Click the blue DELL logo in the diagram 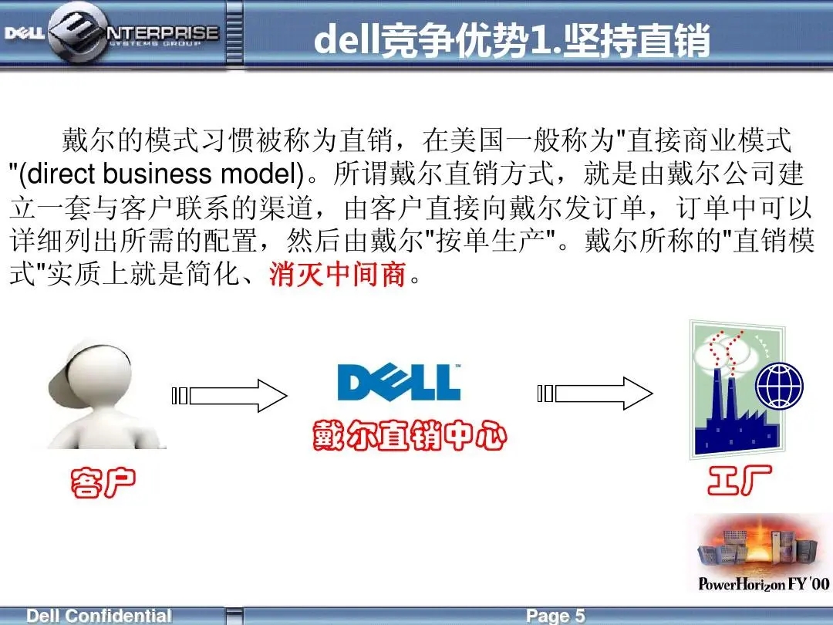tap(399, 382)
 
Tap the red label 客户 tap(103, 482)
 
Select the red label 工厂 tap(739, 479)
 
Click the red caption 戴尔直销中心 tap(410, 435)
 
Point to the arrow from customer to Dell tap(230, 395)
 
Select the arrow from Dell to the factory tap(595, 394)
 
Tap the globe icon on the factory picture tap(779, 387)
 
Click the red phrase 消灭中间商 tap(338, 274)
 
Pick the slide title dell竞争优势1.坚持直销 tap(511, 40)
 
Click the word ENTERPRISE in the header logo tap(163, 33)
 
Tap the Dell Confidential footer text tap(99, 616)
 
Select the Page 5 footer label tap(555, 616)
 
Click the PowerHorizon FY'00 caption tap(764, 583)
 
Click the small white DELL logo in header tap(25, 33)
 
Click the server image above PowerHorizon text tap(757, 546)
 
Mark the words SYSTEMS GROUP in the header tap(154, 43)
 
